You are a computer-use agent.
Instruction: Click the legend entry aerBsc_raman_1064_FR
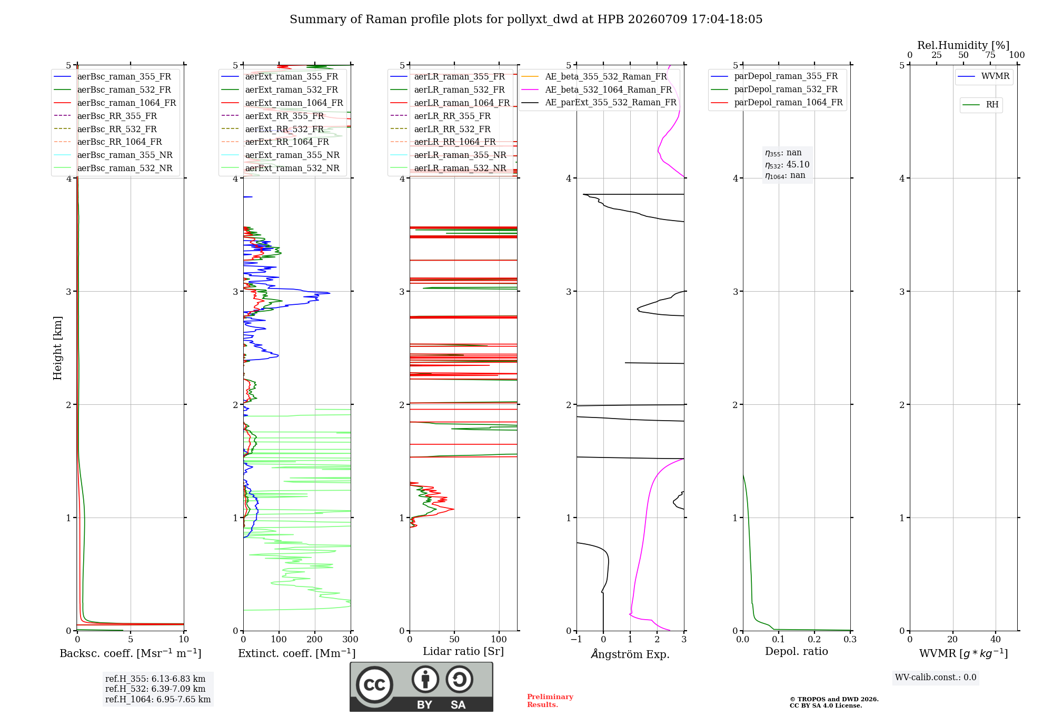coord(115,103)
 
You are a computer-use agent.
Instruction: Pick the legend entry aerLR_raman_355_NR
coord(448,155)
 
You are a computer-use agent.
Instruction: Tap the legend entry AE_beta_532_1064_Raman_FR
coord(597,89)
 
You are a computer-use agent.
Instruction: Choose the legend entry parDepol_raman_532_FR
coord(774,89)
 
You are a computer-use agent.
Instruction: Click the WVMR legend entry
coord(984,76)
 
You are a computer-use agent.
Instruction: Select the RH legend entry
coord(980,105)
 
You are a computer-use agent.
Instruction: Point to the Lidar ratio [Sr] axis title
coord(463,651)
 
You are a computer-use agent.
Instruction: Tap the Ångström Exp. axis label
coord(630,654)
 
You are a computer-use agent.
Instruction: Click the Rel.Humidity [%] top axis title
coord(963,45)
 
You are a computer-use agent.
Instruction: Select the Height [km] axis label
coord(57,348)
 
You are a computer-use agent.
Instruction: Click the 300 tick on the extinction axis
coord(351,639)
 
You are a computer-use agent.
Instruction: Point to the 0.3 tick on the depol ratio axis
coord(850,639)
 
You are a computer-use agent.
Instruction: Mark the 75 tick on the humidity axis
coord(990,55)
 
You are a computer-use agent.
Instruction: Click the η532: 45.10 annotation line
coord(787,165)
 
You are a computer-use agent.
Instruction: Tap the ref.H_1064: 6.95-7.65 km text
coord(158,699)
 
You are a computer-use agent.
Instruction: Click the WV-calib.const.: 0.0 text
coord(936,677)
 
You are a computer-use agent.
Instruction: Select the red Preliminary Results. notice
coord(550,701)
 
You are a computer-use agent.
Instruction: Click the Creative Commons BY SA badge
coord(421,687)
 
